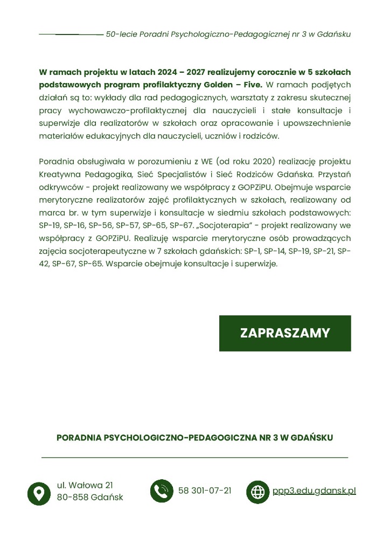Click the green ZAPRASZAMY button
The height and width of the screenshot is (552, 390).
coord(284,333)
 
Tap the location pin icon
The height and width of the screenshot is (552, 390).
coord(39,493)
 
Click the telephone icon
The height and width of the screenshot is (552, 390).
coord(161,491)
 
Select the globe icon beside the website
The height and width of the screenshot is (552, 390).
coord(258,492)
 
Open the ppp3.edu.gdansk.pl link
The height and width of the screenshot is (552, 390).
coord(314,491)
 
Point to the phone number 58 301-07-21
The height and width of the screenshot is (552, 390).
coord(205,491)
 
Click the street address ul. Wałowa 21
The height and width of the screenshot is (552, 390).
coord(85,485)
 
